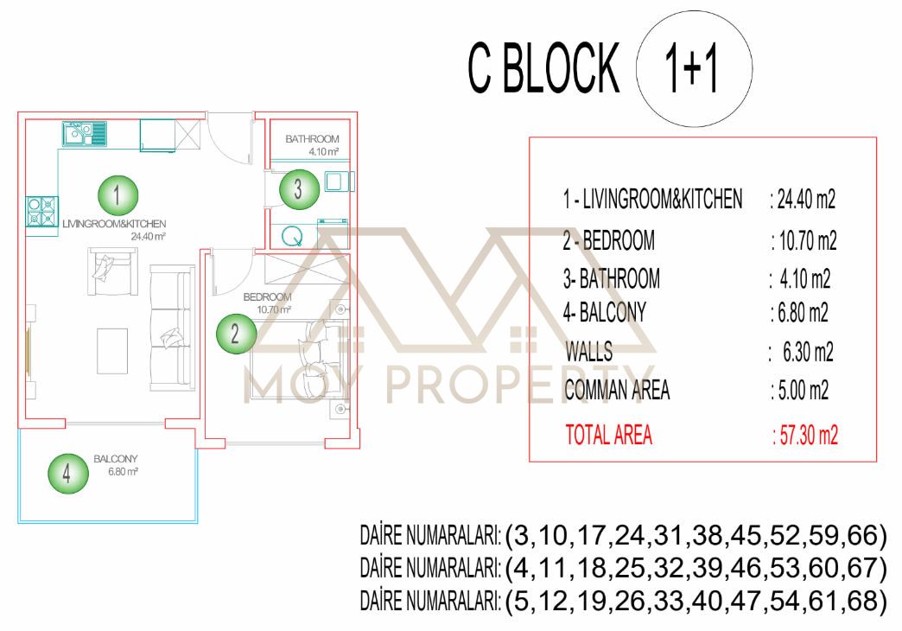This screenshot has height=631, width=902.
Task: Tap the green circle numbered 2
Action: coord(234,333)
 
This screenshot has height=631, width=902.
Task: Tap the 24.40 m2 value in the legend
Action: coord(802,201)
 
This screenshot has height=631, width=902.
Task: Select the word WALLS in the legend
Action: coord(591,353)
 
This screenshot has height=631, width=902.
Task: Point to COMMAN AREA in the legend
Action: coord(617,391)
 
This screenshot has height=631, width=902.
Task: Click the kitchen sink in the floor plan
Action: coord(83,133)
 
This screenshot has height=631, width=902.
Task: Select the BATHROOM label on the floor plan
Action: coord(312,138)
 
